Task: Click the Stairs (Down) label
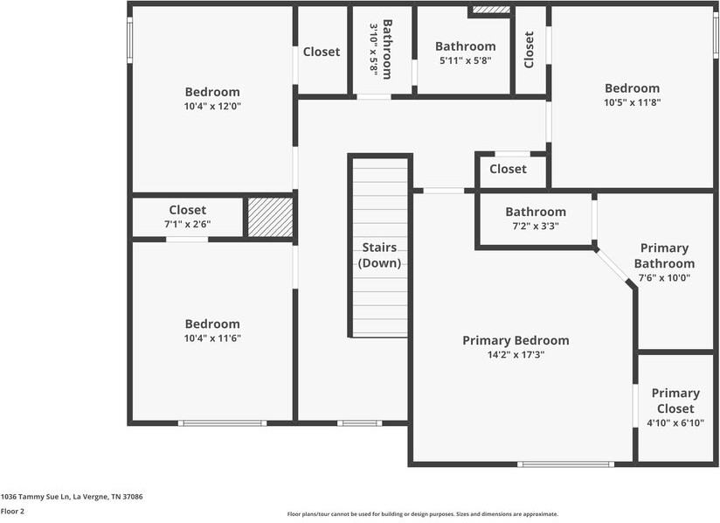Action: (x=379, y=255)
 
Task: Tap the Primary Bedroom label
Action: (x=516, y=340)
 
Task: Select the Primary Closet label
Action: (x=675, y=401)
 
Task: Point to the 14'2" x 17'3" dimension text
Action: (x=516, y=355)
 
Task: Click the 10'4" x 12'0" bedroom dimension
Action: (x=212, y=107)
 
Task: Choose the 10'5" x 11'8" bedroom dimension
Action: (x=633, y=102)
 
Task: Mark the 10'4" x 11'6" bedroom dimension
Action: (x=212, y=338)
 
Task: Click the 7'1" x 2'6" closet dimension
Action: (x=188, y=225)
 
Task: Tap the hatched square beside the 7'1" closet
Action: (x=270, y=217)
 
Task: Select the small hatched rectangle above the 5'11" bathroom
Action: (x=490, y=10)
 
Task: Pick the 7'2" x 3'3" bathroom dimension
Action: (x=536, y=226)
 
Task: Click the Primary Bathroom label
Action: (x=664, y=255)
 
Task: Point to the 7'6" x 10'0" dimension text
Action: (x=664, y=278)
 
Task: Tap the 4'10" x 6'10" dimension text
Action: (x=675, y=423)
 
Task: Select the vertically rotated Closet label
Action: (x=530, y=50)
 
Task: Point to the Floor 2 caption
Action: (x=13, y=511)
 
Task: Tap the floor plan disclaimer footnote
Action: (x=423, y=514)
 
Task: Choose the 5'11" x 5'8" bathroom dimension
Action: (x=465, y=61)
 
